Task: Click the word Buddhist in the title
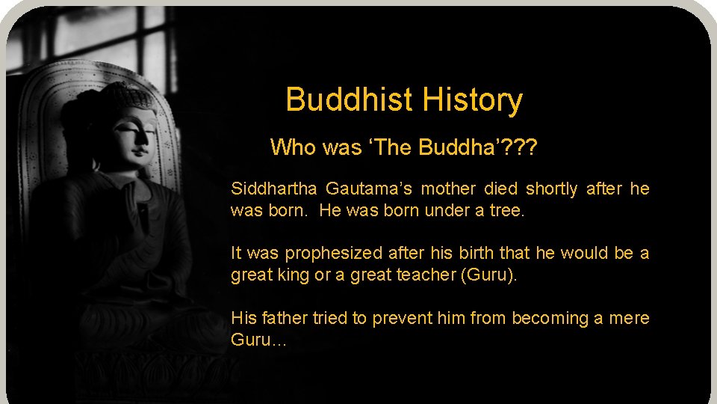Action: (x=350, y=100)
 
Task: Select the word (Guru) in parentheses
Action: (x=489, y=275)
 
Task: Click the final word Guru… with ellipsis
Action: (x=258, y=340)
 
